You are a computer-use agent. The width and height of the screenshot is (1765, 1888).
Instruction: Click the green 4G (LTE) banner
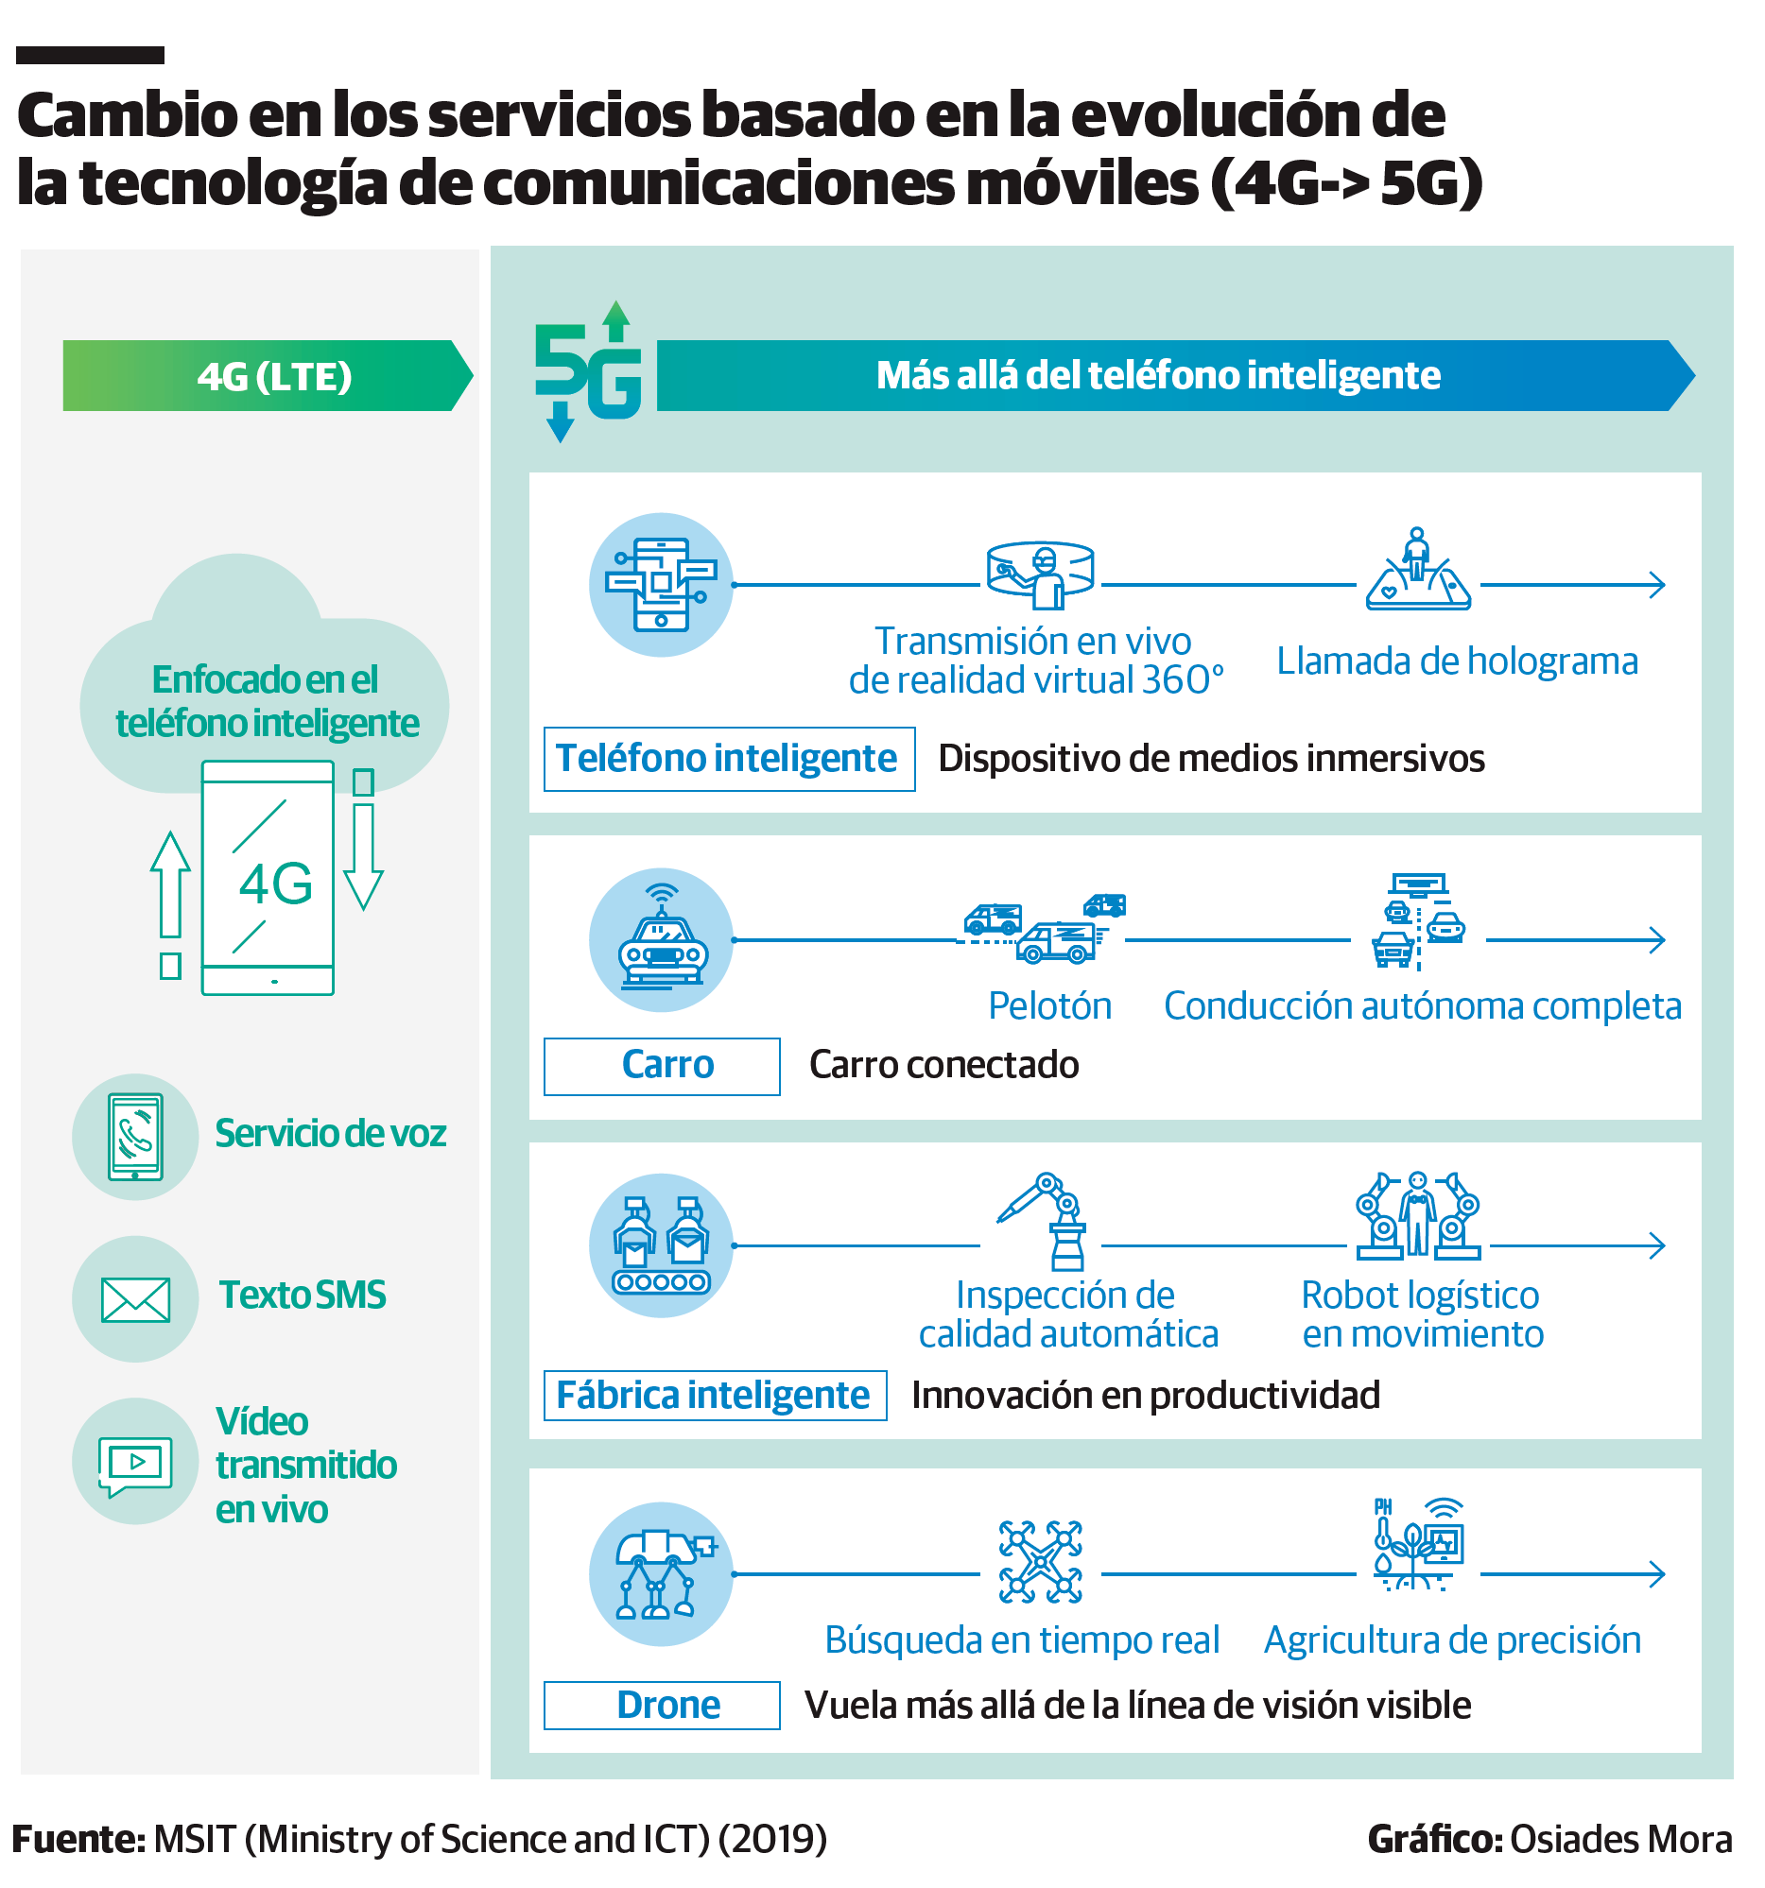click(x=266, y=376)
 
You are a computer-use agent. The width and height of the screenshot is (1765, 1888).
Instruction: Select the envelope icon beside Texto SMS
click(x=135, y=1299)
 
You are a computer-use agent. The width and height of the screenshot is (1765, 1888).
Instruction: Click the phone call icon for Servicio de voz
click(x=135, y=1137)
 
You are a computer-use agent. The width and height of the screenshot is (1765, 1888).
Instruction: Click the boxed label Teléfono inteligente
click(x=729, y=759)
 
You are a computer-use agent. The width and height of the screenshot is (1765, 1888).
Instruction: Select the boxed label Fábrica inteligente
click(x=715, y=1395)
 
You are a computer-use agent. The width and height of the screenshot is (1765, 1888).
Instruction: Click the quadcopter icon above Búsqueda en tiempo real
click(x=1040, y=1562)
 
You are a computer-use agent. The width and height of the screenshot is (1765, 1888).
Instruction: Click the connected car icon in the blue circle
click(x=661, y=940)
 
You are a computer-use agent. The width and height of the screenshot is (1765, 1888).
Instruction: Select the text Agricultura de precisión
click(x=1451, y=1640)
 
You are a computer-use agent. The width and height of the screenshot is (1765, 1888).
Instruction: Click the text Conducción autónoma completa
click(x=1422, y=1005)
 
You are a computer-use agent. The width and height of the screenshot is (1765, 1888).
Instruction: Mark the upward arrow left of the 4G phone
click(x=170, y=888)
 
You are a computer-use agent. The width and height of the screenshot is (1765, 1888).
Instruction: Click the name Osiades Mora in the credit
click(x=1619, y=1840)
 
